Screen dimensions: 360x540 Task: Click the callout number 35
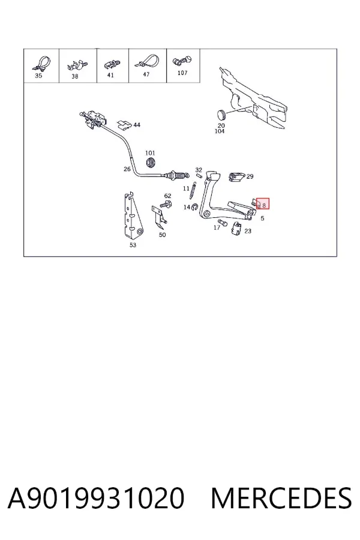tap(38, 76)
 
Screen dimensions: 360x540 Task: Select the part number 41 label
tap(110, 75)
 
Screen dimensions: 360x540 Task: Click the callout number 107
tap(182, 73)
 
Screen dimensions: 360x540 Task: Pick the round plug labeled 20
tap(221, 114)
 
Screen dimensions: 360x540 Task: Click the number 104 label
tap(220, 131)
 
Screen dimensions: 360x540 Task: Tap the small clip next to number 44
tap(124, 125)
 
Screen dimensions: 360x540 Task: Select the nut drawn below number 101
tap(150, 162)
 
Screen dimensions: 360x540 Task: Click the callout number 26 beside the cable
tap(127, 169)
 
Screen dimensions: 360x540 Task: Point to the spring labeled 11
tap(193, 190)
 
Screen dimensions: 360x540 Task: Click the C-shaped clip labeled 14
tap(194, 206)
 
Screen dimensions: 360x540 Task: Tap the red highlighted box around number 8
tap(263, 203)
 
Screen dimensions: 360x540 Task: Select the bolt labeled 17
tap(223, 223)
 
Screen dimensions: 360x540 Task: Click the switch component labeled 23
tap(236, 229)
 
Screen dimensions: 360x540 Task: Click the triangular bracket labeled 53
tap(134, 217)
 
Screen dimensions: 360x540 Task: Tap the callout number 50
tap(162, 235)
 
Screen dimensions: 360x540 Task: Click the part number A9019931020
tap(96, 498)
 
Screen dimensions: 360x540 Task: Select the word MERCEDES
tap(281, 498)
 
